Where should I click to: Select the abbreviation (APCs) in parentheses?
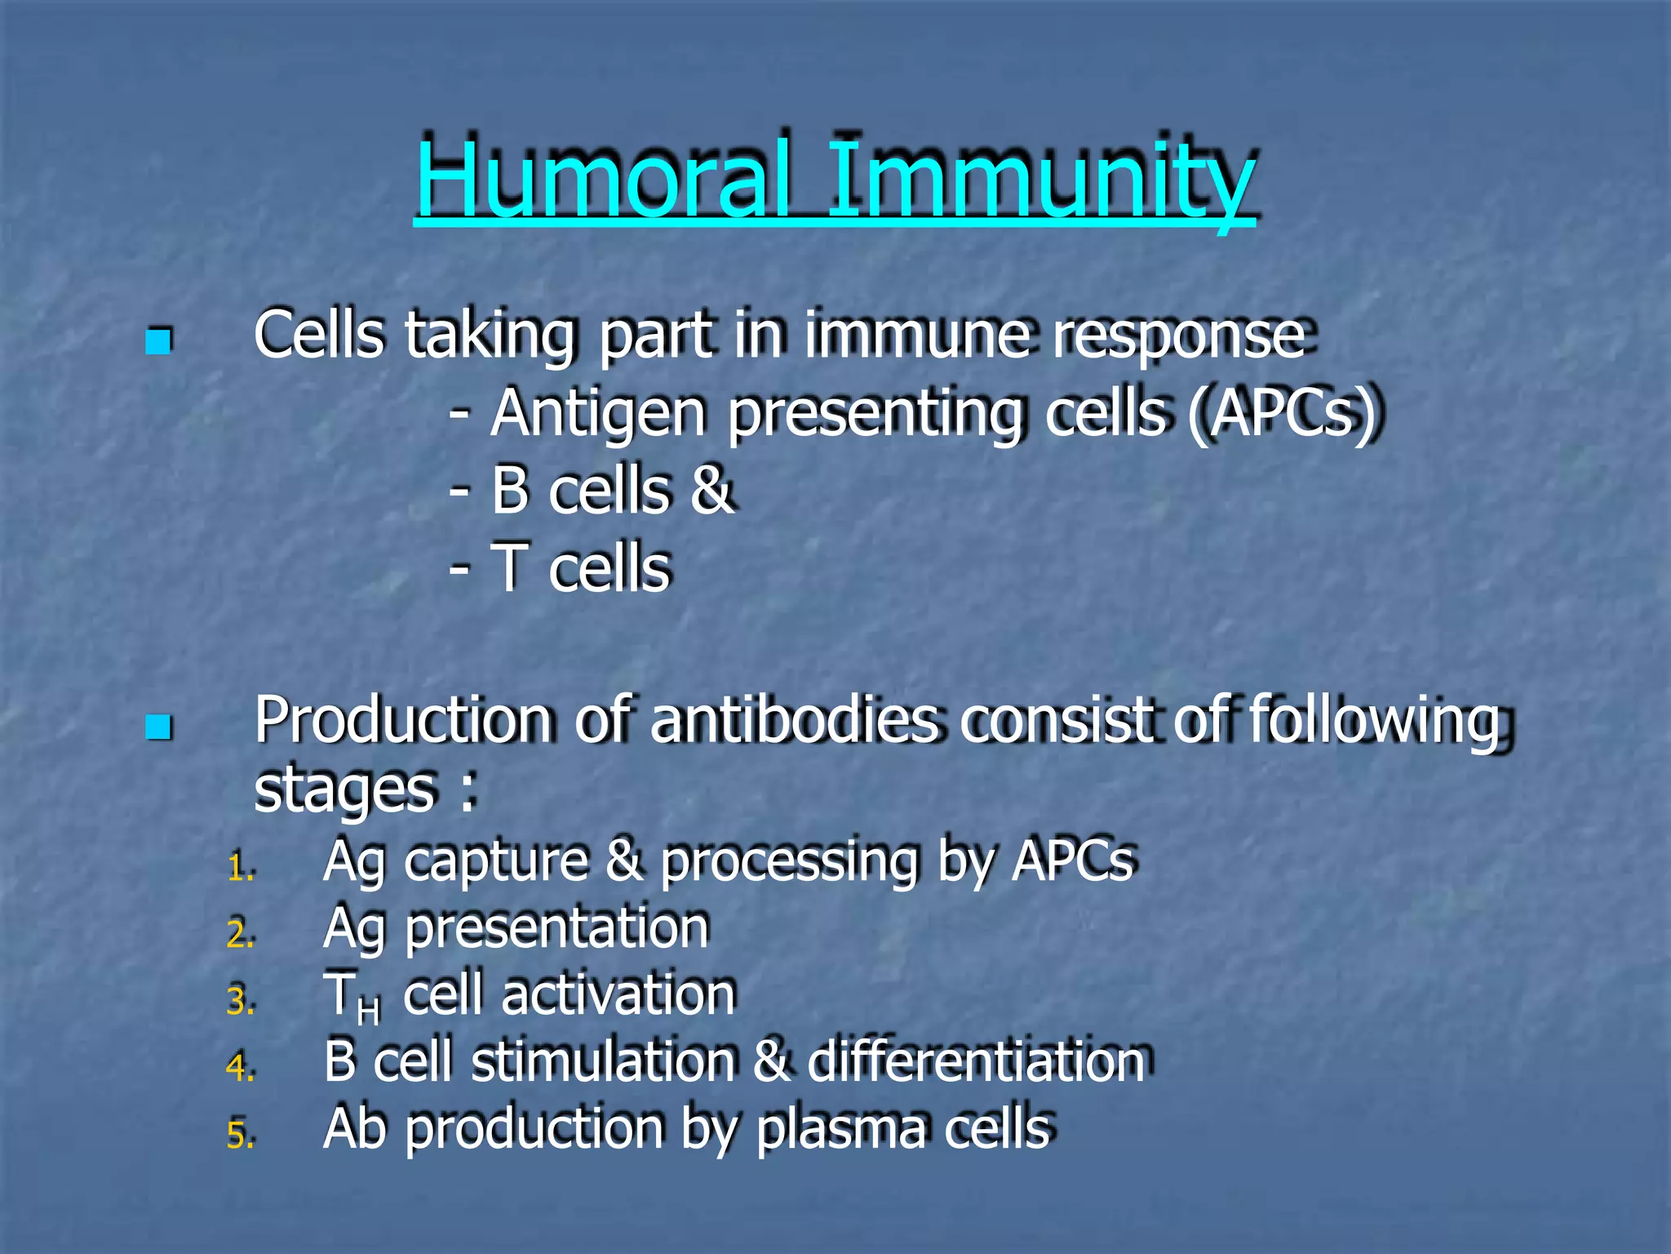[1281, 414]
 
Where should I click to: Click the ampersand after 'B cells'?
[711, 490]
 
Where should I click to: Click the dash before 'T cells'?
[459, 567]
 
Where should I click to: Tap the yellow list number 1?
[240, 868]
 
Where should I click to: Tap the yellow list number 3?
[240, 1002]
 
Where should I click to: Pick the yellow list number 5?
[240, 1136]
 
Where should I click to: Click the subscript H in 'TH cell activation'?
[368, 1012]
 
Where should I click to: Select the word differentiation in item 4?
[976, 1062]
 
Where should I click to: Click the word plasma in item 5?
[840, 1130]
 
